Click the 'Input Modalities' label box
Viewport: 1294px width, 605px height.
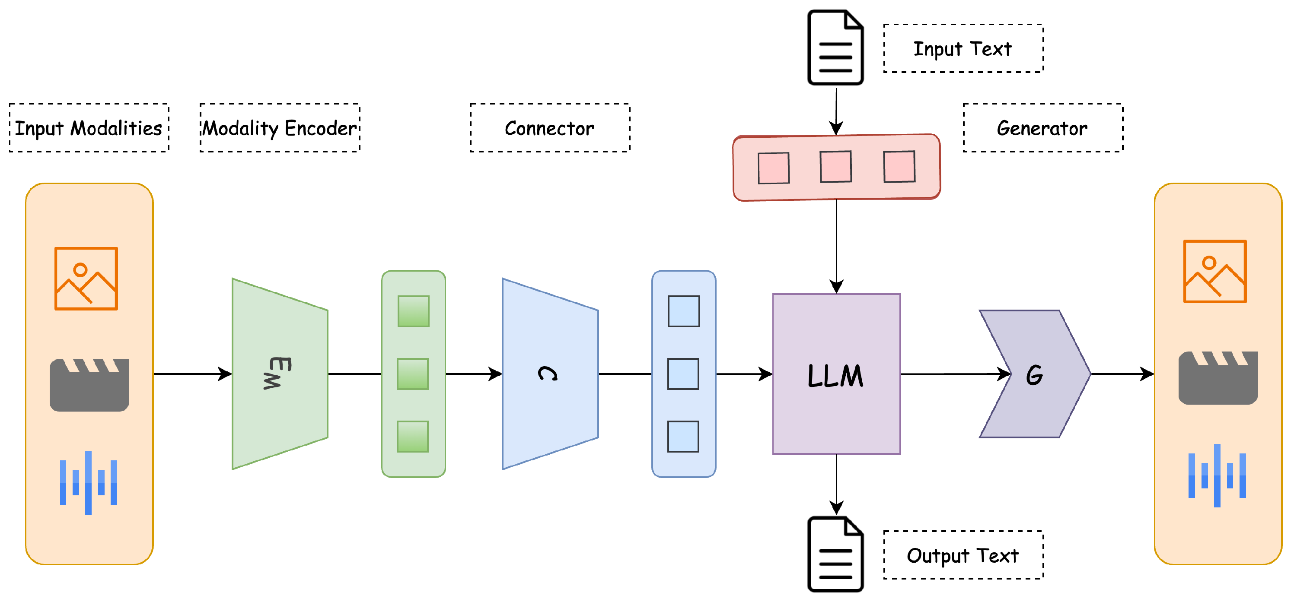89,127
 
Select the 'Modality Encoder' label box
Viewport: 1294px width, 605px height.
280,127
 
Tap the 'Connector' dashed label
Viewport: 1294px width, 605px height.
550,127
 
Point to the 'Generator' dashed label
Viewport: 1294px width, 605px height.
1043,127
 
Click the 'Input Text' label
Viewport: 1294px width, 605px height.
963,48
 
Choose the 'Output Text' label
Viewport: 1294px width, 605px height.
963,555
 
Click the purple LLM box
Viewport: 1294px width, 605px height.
836,374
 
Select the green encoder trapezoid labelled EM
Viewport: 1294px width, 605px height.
280,374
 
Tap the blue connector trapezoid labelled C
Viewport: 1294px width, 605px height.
550,374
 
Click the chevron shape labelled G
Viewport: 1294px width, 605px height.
1035,374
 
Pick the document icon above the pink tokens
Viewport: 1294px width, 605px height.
835,48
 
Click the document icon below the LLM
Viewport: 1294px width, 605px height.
835,554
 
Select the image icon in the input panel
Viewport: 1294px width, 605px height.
86,279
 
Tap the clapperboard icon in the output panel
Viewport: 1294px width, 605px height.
1218,377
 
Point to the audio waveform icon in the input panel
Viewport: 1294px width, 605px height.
89,482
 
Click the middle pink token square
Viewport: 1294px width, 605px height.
836,167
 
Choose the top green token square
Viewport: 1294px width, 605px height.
414,311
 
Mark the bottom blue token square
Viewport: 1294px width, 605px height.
683,436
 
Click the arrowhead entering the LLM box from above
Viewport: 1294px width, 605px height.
836,287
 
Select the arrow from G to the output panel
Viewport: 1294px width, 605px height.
1123,374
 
